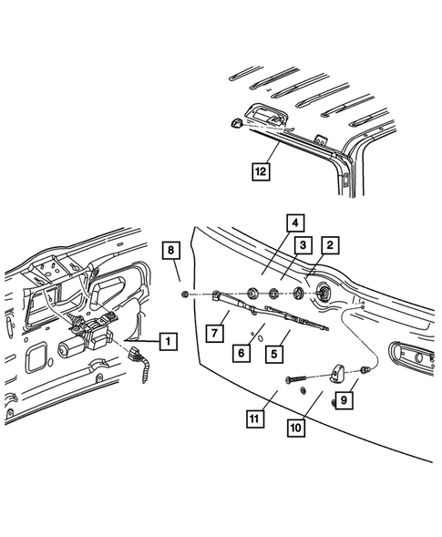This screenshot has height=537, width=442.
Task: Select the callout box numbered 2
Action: [329, 243]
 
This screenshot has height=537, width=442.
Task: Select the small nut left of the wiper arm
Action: [186, 294]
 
